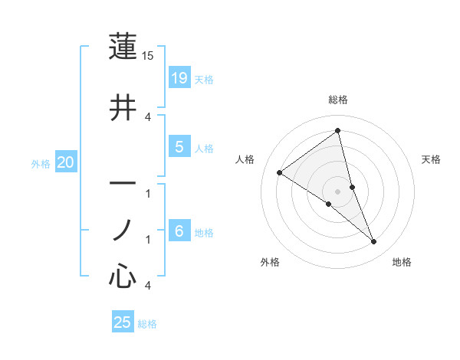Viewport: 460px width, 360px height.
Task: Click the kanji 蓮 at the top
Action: coord(123,47)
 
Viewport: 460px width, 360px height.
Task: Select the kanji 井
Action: coord(123,108)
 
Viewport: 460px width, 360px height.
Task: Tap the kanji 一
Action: coord(123,185)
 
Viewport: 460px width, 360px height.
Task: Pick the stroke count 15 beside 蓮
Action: coord(149,57)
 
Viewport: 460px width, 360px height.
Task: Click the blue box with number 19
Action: coord(179,78)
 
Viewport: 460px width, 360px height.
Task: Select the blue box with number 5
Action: coord(179,147)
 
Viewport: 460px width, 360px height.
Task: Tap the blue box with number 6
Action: coord(179,231)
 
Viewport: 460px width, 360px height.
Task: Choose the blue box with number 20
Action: coord(66,162)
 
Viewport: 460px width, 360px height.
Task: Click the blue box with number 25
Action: coord(123,322)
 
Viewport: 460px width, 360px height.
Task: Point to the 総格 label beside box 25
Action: coord(147,324)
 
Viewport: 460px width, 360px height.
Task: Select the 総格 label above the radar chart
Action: coord(338,100)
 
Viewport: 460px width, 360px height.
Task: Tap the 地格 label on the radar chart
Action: coord(402,263)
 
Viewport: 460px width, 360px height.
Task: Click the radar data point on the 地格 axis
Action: coord(374,242)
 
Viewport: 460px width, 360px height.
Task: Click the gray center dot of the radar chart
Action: coord(338,191)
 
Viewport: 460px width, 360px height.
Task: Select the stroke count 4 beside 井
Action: coord(149,116)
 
